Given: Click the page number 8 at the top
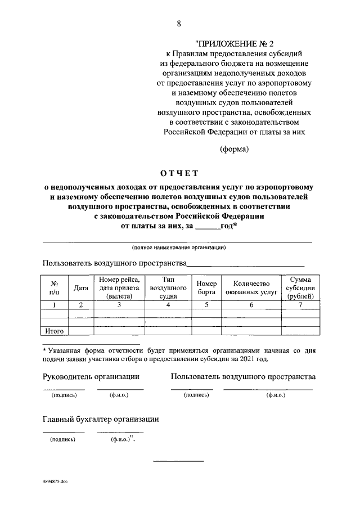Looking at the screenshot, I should [x=179, y=23].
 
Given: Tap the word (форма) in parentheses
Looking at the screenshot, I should [x=233, y=149].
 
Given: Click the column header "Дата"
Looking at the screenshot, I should [x=81, y=288].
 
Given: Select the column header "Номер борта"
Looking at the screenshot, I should [x=207, y=288].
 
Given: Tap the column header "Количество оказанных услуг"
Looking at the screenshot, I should [x=251, y=288].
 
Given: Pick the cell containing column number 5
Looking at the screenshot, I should [x=207, y=305].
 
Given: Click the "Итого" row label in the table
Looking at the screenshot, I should [x=55, y=331].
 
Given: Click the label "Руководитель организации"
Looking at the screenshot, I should [x=91, y=376].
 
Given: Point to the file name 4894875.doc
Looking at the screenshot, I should [x=55, y=483].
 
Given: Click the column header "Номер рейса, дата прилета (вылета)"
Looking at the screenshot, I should [x=119, y=288].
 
